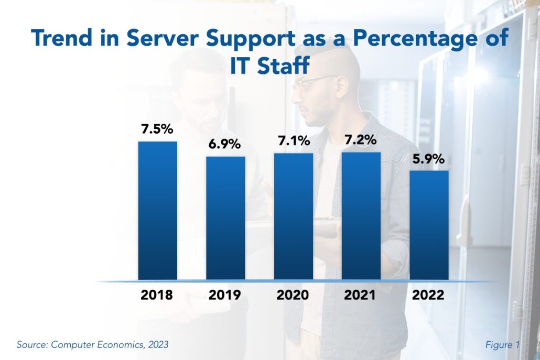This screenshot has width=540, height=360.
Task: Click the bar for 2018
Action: pyautogui.click(x=157, y=210)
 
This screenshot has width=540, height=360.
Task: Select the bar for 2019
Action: pyautogui.click(x=225, y=217)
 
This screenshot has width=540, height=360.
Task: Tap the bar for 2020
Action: pyautogui.click(x=293, y=216)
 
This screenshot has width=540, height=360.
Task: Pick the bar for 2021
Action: pyautogui.click(x=361, y=215)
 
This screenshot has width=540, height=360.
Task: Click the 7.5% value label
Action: pyautogui.click(x=157, y=129)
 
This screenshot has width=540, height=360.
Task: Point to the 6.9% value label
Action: pyautogui.click(x=225, y=144)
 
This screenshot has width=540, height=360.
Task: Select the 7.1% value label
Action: pyautogui.click(x=293, y=141)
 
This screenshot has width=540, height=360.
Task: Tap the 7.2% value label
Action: pyautogui.click(x=361, y=140)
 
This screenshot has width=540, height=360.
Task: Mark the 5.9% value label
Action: pyautogui.click(x=429, y=158)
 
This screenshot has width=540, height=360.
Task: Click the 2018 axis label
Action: pyautogui.click(x=157, y=295)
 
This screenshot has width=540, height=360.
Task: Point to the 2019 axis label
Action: pyautogui.click(x=225, y=295)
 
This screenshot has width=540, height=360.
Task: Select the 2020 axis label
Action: pyautogui.click(x=293, y=295)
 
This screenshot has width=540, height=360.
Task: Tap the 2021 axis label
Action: pyautogui.click(x=361, y=295)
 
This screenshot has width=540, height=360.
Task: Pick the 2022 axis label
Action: pyautogui.click(x=429, y=295)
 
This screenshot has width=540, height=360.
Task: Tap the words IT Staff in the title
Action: pyautogui.click(x=270, y=67)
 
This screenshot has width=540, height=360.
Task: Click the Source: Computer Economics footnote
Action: pyautogui.click(x=93, y=345)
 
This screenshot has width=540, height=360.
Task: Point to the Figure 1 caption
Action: pyautogui.click(x=502, y=345)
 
